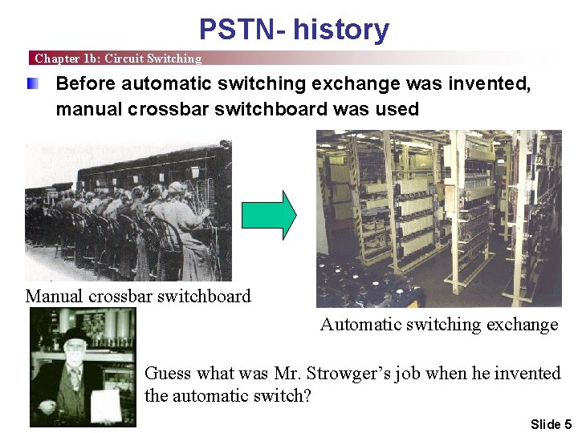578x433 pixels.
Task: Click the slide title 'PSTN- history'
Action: (294, 30)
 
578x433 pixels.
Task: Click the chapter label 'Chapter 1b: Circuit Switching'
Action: (118, 59)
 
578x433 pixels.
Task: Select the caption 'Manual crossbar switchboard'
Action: (138, 296)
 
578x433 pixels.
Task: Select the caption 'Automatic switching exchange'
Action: (439, 324)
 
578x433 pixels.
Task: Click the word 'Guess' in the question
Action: (167, 373)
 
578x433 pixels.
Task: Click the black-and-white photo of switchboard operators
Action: (128, 211)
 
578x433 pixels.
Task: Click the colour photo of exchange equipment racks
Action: (438, 218)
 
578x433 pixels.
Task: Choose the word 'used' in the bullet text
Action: (398, 109)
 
